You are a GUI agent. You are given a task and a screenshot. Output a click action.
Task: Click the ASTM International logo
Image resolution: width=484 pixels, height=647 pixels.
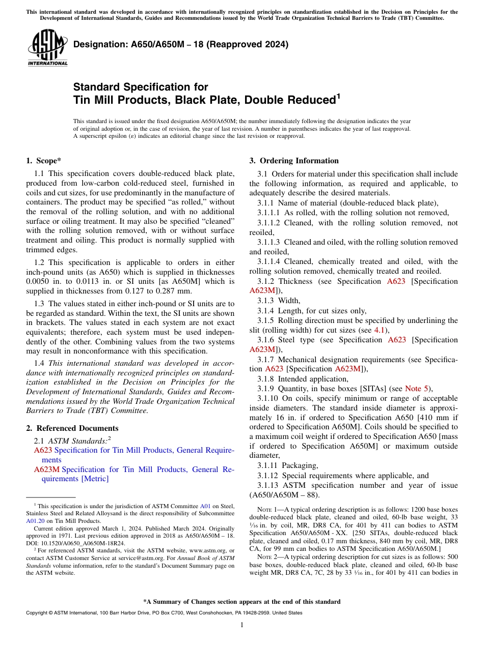[47, 48]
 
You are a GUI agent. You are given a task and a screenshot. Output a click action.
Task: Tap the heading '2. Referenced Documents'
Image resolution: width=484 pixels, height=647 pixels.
[72, 428]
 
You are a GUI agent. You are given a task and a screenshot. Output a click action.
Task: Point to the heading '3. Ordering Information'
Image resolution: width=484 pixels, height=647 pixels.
[294, 161]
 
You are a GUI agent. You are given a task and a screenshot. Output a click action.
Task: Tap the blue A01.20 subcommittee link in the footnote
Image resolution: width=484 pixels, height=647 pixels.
[35, 521]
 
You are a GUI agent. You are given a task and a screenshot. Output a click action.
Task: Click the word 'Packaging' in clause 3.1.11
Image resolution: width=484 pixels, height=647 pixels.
[300, 465]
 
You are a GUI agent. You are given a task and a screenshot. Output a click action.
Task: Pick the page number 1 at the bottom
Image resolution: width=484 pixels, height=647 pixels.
[242, 625]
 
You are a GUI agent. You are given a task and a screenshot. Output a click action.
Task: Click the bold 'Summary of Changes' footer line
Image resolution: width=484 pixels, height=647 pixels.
[242, 602]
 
